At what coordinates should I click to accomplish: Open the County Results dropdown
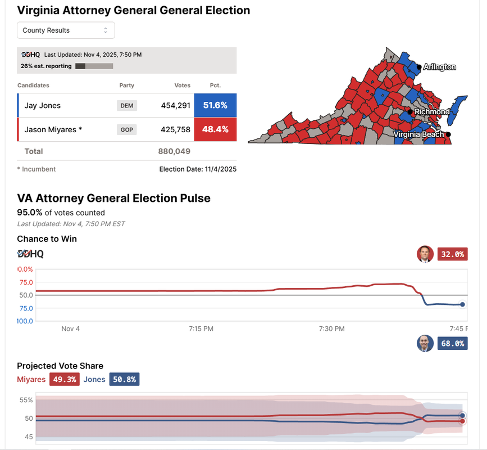click(x=66, y=30)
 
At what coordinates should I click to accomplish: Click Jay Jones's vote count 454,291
click(x=175, y=106)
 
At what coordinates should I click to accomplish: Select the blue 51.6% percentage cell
click(x=215, y=106)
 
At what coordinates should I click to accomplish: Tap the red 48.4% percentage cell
click(x=215, y=129)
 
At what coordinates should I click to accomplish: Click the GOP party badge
click(x=126, y=129)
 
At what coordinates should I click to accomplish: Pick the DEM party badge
click(x=126, y=106)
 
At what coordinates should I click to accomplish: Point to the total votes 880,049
click(x=174, y=151)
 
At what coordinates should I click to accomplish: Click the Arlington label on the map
click(x=439, y=67)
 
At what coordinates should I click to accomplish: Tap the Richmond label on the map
click(x=431, y=112)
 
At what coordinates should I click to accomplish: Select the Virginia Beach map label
click(x=418, y=134)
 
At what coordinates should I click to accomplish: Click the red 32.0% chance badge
click(x=453, y=254)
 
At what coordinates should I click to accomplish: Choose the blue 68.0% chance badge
click(x=453, y=343)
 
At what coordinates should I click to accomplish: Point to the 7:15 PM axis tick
click(x=201, y=328)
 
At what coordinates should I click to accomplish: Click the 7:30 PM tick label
click(x=331, y=328)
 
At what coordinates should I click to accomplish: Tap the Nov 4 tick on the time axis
click(x=71, y=328)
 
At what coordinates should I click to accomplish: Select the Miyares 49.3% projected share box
click(x=64, y=380)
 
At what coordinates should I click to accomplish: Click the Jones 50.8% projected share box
click(x=124, y=380)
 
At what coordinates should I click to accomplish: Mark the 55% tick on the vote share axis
click(x=26, y=400)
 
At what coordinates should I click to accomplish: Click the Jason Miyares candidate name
click(x=53, y=129)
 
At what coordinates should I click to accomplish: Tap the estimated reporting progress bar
click(x=94, y=66)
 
